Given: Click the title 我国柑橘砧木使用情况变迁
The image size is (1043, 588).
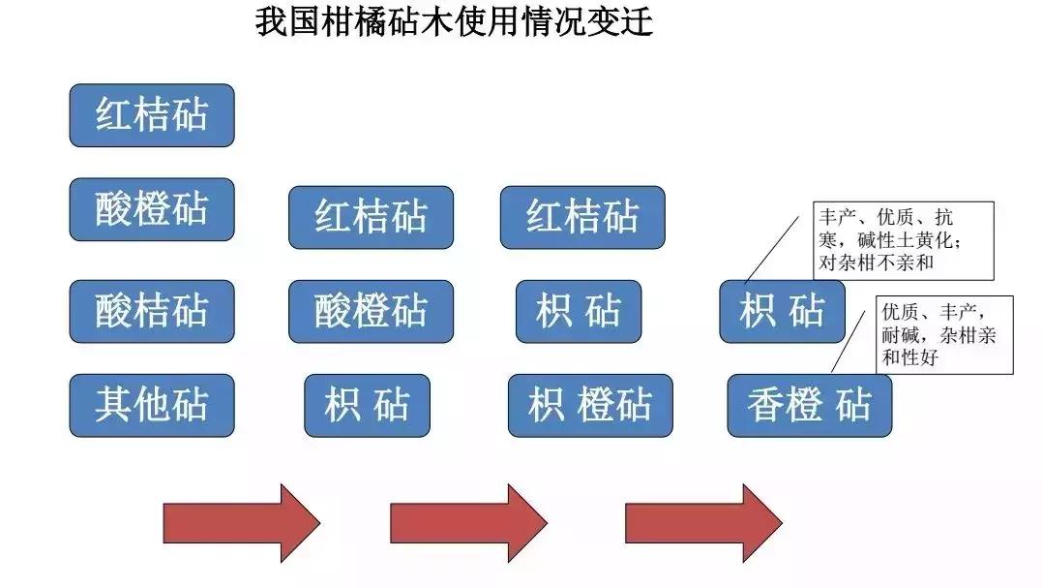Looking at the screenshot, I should tap(454, 21).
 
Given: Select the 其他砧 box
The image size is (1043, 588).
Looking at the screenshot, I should tap(151, 405).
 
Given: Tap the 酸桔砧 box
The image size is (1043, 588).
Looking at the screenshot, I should tap(151, 311).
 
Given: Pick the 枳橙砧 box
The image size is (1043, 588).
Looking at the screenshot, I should tap(589, 405).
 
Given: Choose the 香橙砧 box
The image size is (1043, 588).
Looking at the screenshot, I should tap(809, 405).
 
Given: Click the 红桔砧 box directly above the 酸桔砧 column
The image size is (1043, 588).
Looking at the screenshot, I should tap(151, 115).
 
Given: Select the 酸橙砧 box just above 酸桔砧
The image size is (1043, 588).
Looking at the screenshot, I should tap(151, 209).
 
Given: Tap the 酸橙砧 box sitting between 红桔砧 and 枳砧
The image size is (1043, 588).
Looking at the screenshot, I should tap(371, 311).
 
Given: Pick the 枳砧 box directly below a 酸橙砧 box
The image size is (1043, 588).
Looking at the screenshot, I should tap(367, 405).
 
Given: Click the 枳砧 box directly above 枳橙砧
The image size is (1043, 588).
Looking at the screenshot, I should tap(578, 311).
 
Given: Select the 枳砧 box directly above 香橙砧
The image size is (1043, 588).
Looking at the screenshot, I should tap(782, 311).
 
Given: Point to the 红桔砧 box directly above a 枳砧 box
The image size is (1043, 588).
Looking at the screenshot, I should tap(582, 217).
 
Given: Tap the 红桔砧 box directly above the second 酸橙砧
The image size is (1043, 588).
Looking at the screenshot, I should tap(371, 217).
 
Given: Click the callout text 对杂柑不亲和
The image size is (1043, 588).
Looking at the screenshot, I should tap(877, 263).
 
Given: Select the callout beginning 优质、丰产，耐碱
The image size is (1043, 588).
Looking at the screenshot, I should tap(942, 334).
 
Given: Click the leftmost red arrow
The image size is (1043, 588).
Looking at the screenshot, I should tap(241, 523).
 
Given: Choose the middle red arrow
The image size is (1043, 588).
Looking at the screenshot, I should tap(468, 523).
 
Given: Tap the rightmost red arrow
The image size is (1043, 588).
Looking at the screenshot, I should tap(703, 523).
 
